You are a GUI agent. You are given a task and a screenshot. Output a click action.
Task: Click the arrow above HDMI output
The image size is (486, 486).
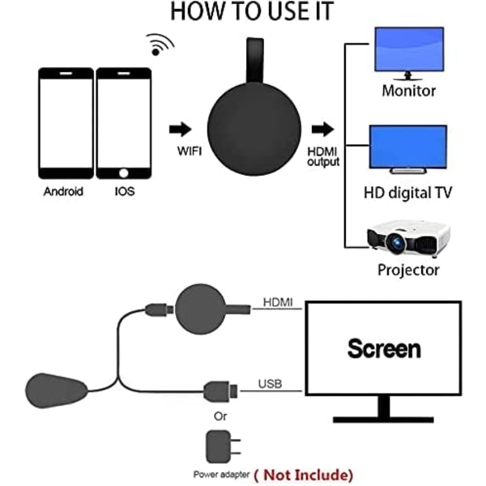322,130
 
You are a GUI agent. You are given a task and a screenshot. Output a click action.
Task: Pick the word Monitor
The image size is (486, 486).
408,90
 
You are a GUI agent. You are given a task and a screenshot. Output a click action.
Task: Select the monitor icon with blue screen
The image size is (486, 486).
409,51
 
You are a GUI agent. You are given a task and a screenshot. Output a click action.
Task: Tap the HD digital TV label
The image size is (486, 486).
407,193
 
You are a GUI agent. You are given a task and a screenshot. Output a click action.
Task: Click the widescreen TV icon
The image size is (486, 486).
407,148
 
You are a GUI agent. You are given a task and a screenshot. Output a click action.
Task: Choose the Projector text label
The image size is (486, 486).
408,270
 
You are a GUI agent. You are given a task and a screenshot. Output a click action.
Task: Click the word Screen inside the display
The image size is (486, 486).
384,349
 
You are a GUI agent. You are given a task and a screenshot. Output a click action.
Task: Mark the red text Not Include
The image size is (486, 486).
304,474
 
